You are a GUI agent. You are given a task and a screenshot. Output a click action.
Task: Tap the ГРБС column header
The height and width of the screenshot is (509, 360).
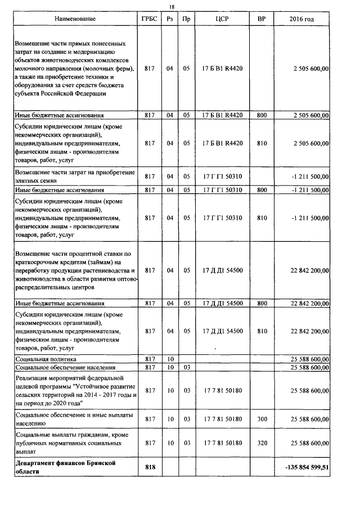[x=150, y=19]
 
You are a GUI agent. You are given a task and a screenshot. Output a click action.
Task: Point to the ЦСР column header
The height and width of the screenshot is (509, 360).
[x=222, y=19]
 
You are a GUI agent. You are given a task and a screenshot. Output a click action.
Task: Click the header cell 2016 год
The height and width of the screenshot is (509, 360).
[x=301, y=19]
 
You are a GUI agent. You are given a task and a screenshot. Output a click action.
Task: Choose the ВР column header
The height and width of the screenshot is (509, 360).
[x=261, y=19]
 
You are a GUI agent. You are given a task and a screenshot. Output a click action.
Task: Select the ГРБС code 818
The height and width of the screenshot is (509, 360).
[x=150, y=467]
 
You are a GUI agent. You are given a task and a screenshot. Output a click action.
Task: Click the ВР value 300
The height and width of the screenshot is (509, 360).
[x=262, y=419]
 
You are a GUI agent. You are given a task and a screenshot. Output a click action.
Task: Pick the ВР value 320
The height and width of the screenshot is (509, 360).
[x=262, y=443]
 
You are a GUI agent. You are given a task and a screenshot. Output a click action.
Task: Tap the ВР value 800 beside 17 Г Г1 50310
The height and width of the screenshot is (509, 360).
[x=262, y=190]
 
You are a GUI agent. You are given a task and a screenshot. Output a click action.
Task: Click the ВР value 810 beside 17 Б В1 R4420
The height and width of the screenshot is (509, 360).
[x=262, y=143]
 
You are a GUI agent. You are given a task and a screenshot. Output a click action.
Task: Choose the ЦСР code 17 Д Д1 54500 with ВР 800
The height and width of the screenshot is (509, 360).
[x=222, y=304]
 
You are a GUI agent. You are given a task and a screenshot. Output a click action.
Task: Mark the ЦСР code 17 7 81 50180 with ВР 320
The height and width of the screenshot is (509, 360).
[x=222, y=443]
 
